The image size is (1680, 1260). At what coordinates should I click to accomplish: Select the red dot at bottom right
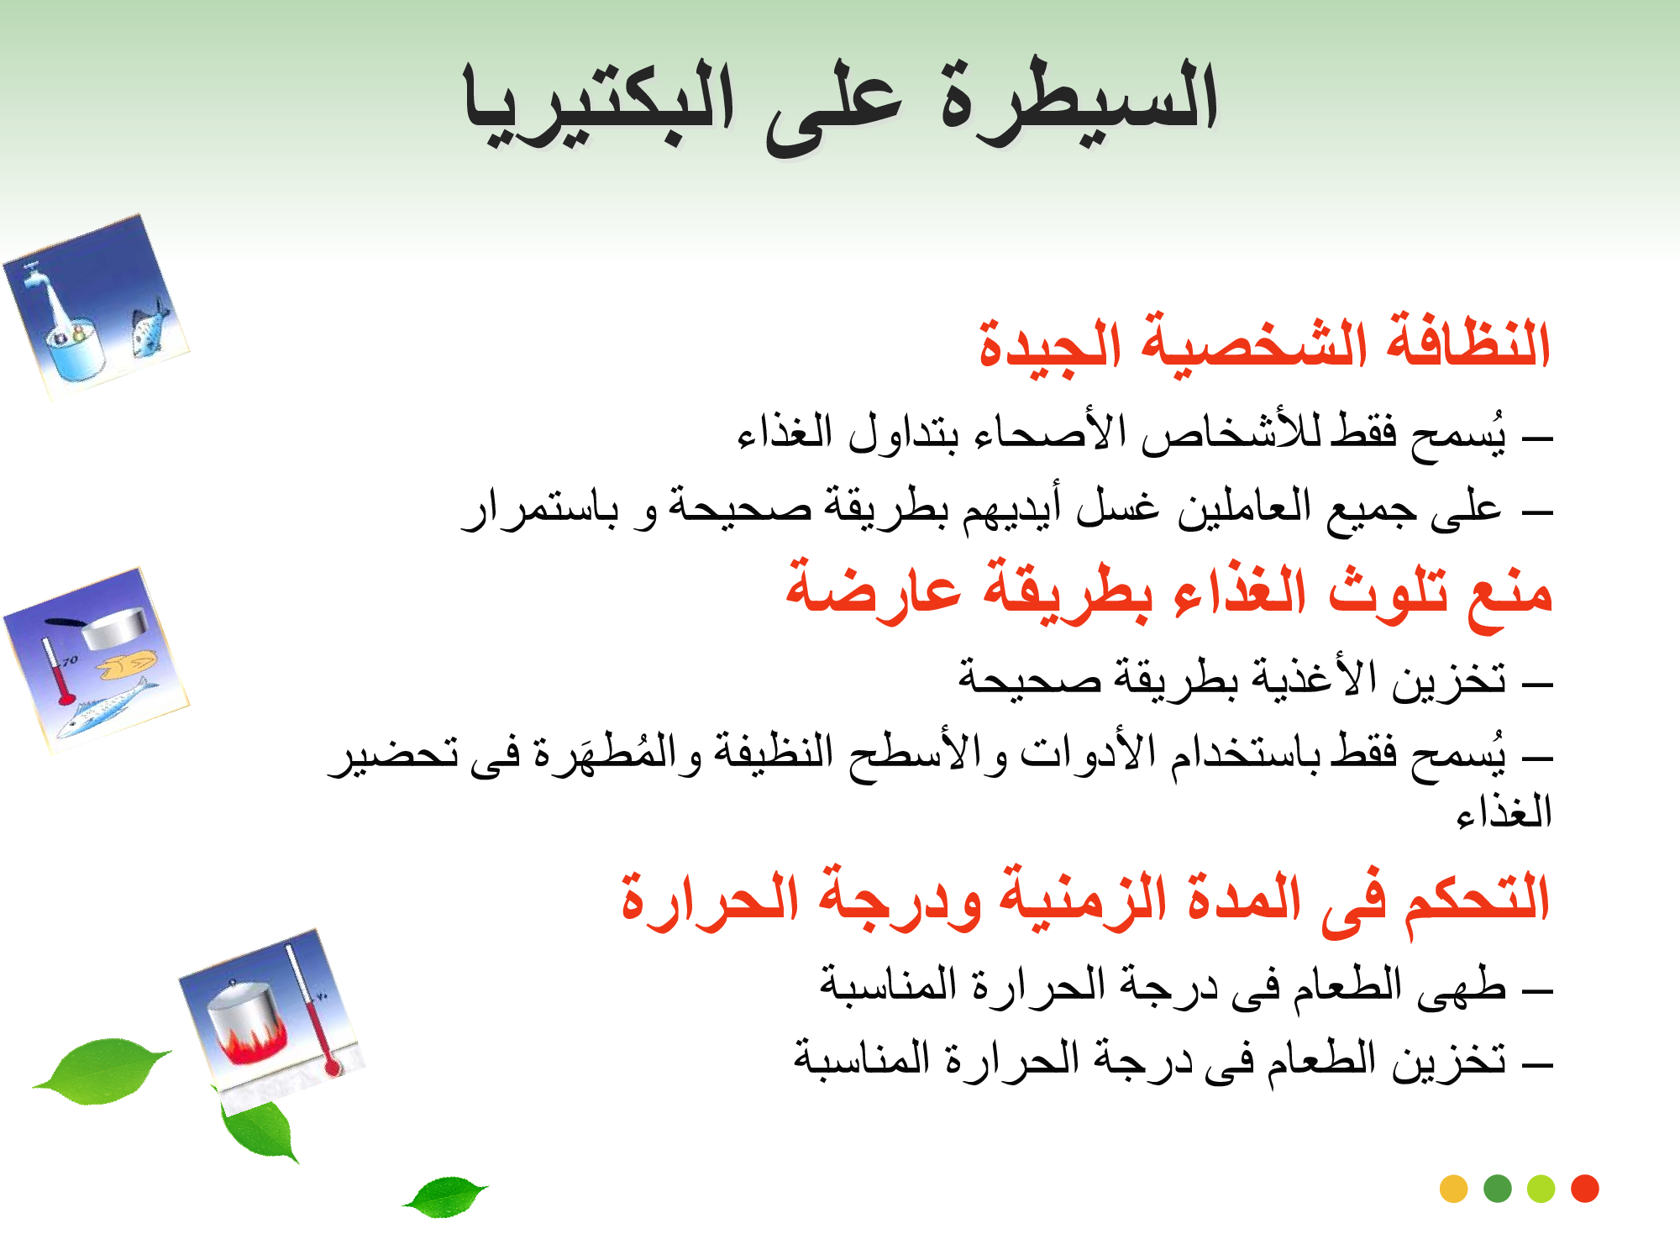coord(1585,1189)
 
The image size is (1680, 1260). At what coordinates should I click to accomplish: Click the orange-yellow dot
coord(1453,1189)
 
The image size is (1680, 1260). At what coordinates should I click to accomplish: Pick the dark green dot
coord(1498,1189)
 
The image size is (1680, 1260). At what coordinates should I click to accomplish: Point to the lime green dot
coord(1541,1189)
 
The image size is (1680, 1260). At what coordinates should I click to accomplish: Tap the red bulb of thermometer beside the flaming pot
coord(333,1068)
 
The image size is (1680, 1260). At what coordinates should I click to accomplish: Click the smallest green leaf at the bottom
coord(445,1196)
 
